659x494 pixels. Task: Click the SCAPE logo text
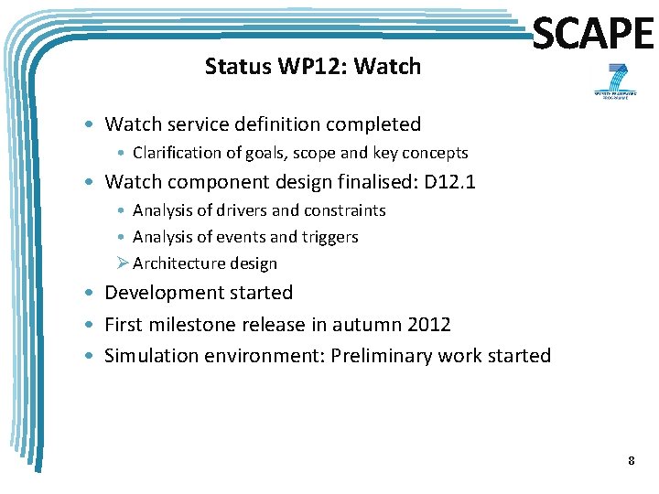(x=592, y=35)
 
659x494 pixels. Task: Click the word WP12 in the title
(x=302, y=67)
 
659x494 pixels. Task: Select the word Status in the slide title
(x=232, y=67)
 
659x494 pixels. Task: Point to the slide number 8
(x=631, y=460)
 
